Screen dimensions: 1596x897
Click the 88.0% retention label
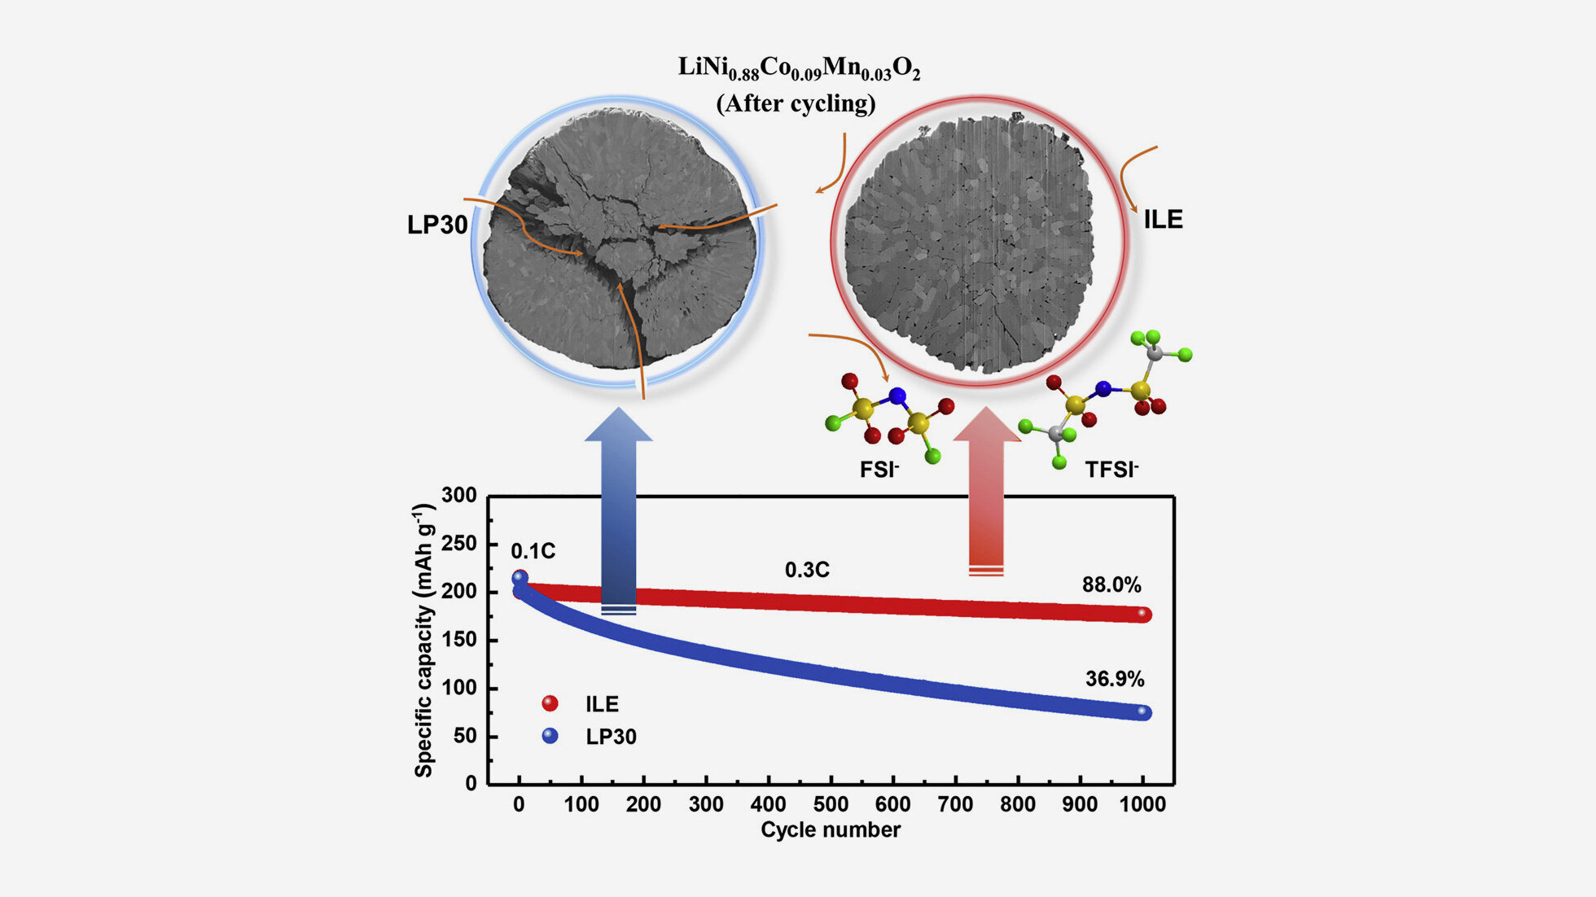tap(1111, 584)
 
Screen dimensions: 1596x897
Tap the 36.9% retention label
tap(1115, 679)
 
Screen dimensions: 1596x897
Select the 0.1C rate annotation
tap(533, 551)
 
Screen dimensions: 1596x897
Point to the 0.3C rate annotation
tap(807, 570)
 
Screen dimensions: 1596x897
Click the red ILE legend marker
tap(550, 703)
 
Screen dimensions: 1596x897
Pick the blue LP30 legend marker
tap(550, 736)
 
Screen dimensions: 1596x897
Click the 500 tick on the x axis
tap(831, 804)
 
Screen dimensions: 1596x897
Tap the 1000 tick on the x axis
tap(1142, 804)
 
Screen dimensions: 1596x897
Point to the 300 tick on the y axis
tap(459, 495)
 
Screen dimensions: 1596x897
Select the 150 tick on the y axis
tap(459, 640)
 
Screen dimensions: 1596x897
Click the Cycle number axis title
tap(831, 829)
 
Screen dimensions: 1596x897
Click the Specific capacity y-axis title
tap(424, 641)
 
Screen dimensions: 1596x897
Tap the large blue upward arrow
tap(619, 510)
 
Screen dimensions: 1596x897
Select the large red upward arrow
tap(987, 492)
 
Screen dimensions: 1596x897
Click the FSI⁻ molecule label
tap(879, 470)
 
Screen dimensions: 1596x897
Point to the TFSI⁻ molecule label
tap(1111, 470)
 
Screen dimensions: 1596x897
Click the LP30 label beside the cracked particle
tap(437, 225)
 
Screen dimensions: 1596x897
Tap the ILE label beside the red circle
tap(1163, 219)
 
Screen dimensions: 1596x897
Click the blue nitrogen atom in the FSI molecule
tap(897, 396)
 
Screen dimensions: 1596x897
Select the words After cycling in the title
tap(796, 103)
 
